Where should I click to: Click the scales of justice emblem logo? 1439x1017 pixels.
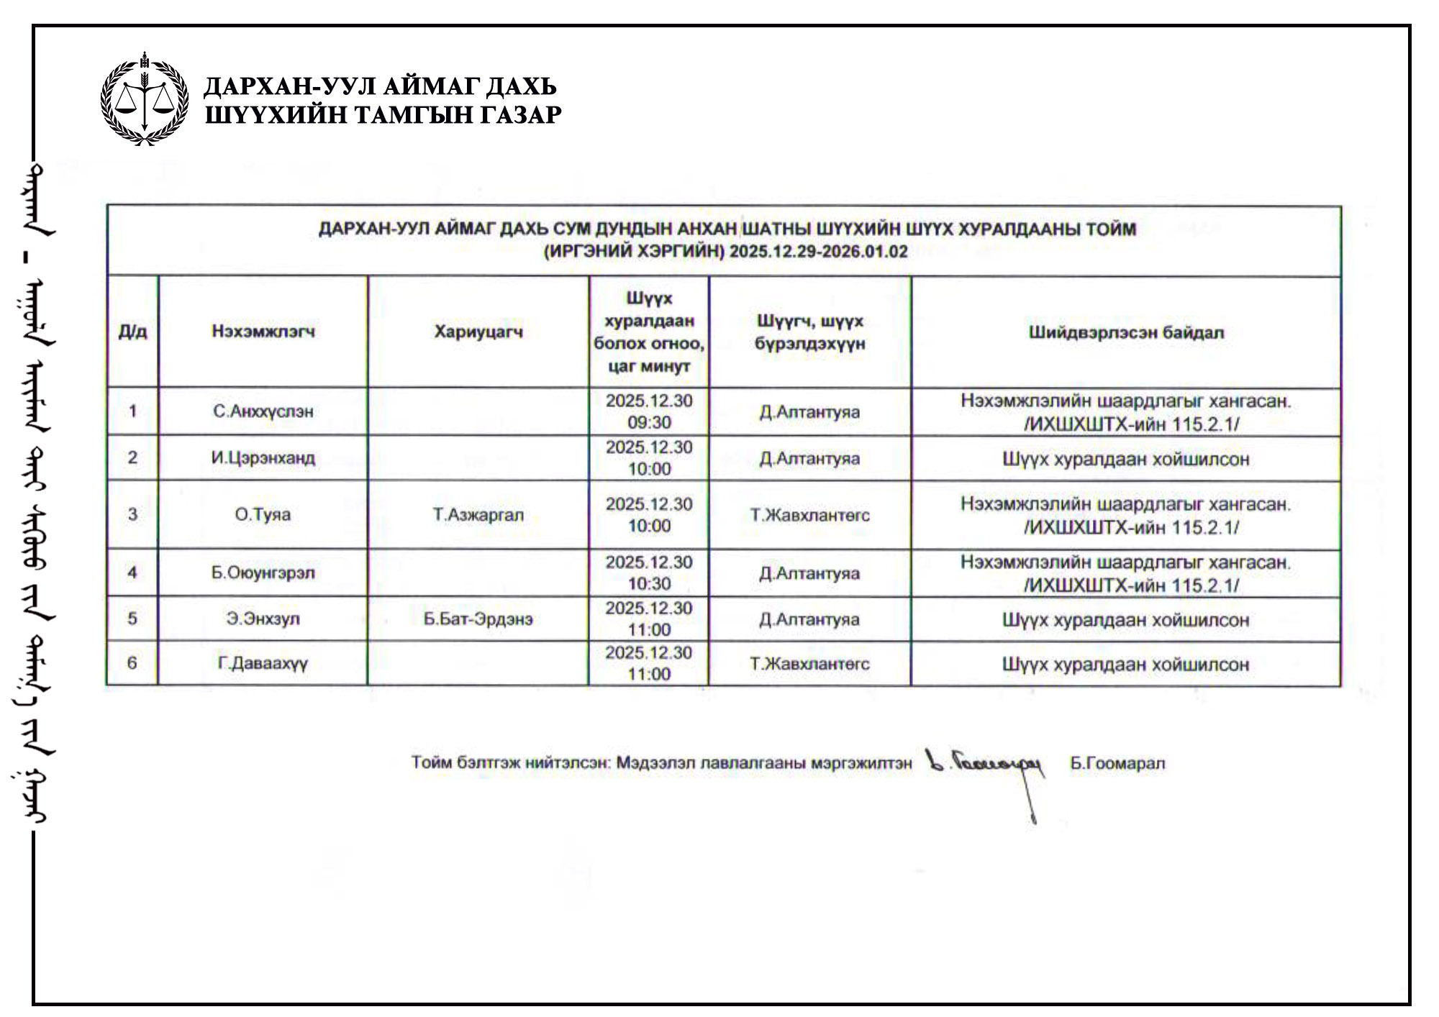pyautogui.click(x=145, y=99)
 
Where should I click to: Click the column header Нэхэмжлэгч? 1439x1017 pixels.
pyautogui.click(x=263, y=332)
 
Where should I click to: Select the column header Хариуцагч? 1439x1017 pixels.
pyautogui.click(x=478, y=332)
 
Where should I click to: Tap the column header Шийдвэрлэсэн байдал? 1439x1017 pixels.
pyautogui.click(x=1126, y=332)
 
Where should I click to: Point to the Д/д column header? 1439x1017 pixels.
pyautogui.click(x=132, y=332)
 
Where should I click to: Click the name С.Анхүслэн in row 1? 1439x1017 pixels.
pyautogui.click(x=263, y=411)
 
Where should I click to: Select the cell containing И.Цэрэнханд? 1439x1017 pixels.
pyautogui.click(x=263, y=458)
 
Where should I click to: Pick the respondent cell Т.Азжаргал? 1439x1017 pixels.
pyautogui.click(x=478, y=515)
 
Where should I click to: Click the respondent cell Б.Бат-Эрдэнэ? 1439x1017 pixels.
pyautogui.click(x=478, y=619)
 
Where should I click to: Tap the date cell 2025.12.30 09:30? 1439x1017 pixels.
pyautogui.click(x=649, y=411)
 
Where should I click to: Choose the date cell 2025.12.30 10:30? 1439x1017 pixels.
pyautogui.click(x=649, y=573)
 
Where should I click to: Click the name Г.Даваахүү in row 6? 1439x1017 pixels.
pyautogui.click(x=263, y=663)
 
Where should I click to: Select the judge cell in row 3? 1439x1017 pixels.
pyautogui.click(x=810, y=515)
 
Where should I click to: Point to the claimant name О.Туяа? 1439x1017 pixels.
pyautogui.click(x=263, y=515)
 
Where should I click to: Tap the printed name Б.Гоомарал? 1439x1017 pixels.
pyautogui.click(x=1117, y=763)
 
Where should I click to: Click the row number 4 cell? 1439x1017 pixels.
pyautogui.click(x=132, y=573)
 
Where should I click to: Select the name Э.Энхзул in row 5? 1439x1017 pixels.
pyautogui.click(x=263, y=619)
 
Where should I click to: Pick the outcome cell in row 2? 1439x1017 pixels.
pyautogui.click(x=1126, y=459)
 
